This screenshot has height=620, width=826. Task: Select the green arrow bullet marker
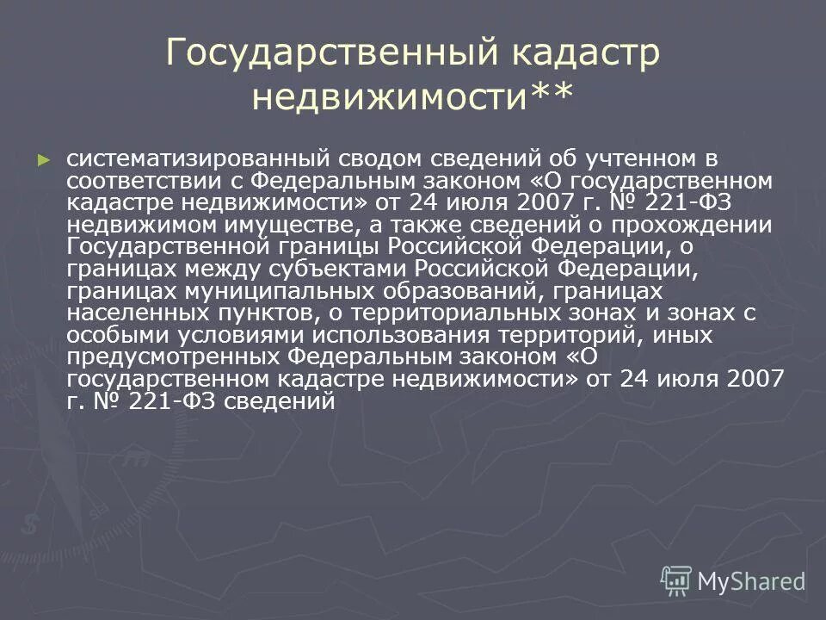click(45, 159)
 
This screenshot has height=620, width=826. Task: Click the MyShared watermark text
click(751, 582)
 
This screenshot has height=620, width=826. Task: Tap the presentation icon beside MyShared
click(676, 580)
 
